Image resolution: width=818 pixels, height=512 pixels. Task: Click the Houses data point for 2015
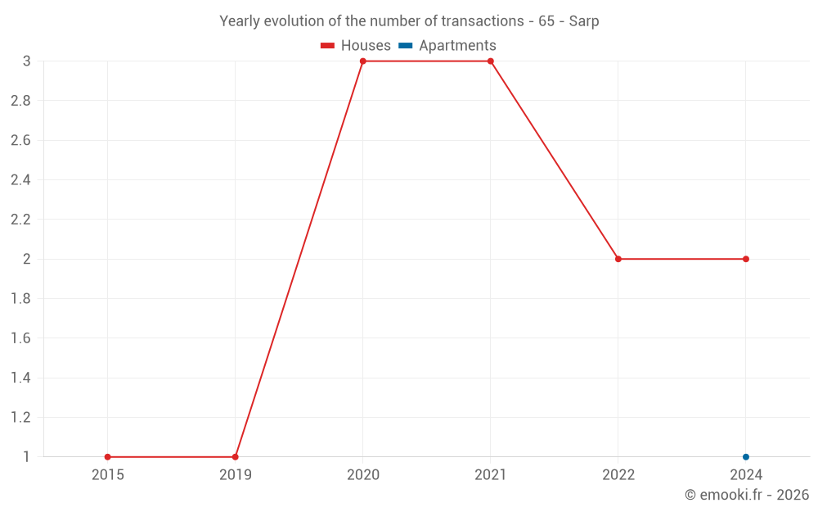click(108, 457)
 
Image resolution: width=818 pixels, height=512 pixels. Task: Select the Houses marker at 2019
click(236, 457)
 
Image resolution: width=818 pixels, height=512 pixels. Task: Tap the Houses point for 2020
click(363, 61)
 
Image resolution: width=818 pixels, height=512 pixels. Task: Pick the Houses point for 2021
click(491, 61)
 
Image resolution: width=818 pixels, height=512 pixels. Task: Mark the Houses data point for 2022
click(618, 259)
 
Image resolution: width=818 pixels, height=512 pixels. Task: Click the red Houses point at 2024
click(746, 259)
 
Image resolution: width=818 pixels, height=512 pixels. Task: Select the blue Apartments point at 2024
click(746, 457)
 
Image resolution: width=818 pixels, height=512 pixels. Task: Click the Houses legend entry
click(356, 46)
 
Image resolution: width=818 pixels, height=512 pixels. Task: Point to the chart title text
click(409, 21)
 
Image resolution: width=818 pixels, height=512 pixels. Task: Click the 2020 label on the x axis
click(363, 474)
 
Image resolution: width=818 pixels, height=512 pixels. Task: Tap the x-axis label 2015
click(108, 474)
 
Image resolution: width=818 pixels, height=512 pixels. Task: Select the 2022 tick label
click(618, 474)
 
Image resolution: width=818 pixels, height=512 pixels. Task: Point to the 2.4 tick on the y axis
click(21, 180)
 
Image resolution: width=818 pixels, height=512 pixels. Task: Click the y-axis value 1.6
click(21, 338)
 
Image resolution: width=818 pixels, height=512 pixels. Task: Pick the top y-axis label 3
click(27, 61)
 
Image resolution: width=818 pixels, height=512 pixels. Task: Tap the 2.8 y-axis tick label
click(21, 101)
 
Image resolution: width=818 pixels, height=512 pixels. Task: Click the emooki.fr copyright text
click(747, 495)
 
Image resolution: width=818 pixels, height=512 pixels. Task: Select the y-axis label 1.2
click(21, 418)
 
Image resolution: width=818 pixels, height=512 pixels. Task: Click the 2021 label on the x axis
click(491, 474)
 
